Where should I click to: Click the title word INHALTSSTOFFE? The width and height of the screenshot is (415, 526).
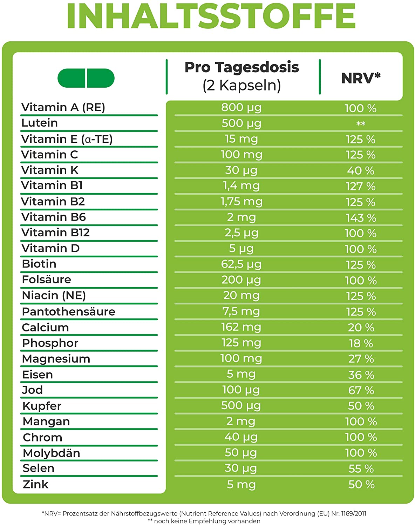[211, 16]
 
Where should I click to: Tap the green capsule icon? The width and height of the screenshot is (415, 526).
[86, 78]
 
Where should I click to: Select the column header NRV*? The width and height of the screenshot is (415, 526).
[361, 78]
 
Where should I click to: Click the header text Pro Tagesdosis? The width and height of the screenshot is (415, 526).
[241, 67]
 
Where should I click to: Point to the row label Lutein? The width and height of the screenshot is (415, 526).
[40, 123]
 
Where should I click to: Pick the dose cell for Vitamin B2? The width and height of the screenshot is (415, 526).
[241, 202]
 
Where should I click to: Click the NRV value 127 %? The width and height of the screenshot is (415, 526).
[360, 186]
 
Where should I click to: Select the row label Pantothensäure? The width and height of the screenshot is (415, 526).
[68, 311]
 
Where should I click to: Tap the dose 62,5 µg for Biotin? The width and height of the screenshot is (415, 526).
[241, 264]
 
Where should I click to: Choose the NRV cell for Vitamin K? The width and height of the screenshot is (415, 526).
[360, 170]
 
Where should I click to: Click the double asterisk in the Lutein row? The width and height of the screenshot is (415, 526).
[361, 124]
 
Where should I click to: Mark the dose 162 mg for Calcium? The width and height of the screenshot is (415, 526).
[241, 327]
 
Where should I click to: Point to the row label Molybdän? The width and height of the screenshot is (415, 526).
[51, 453]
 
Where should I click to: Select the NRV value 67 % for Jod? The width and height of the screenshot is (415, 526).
[361, 390]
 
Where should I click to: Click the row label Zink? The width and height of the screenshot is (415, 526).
[35, 484]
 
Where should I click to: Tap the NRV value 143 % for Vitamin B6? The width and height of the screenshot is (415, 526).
[361, 218]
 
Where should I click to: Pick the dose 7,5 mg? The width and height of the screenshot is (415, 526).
[241, 311]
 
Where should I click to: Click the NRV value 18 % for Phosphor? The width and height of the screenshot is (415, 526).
[361, 343]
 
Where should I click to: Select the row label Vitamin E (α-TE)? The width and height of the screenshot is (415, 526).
[67, 139]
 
